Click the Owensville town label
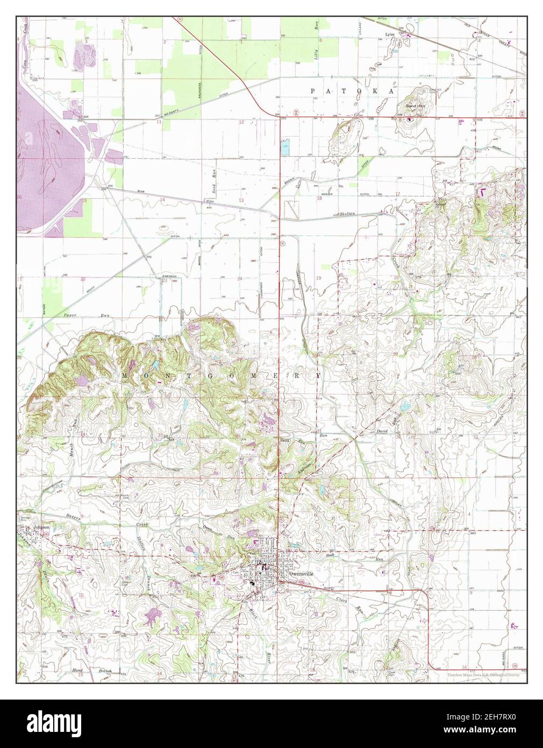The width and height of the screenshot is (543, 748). [x=301, y=573]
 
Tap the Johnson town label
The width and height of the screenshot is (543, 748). [x=41, y=527]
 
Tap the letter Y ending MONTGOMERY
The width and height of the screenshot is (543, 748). [x=318, y=375]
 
